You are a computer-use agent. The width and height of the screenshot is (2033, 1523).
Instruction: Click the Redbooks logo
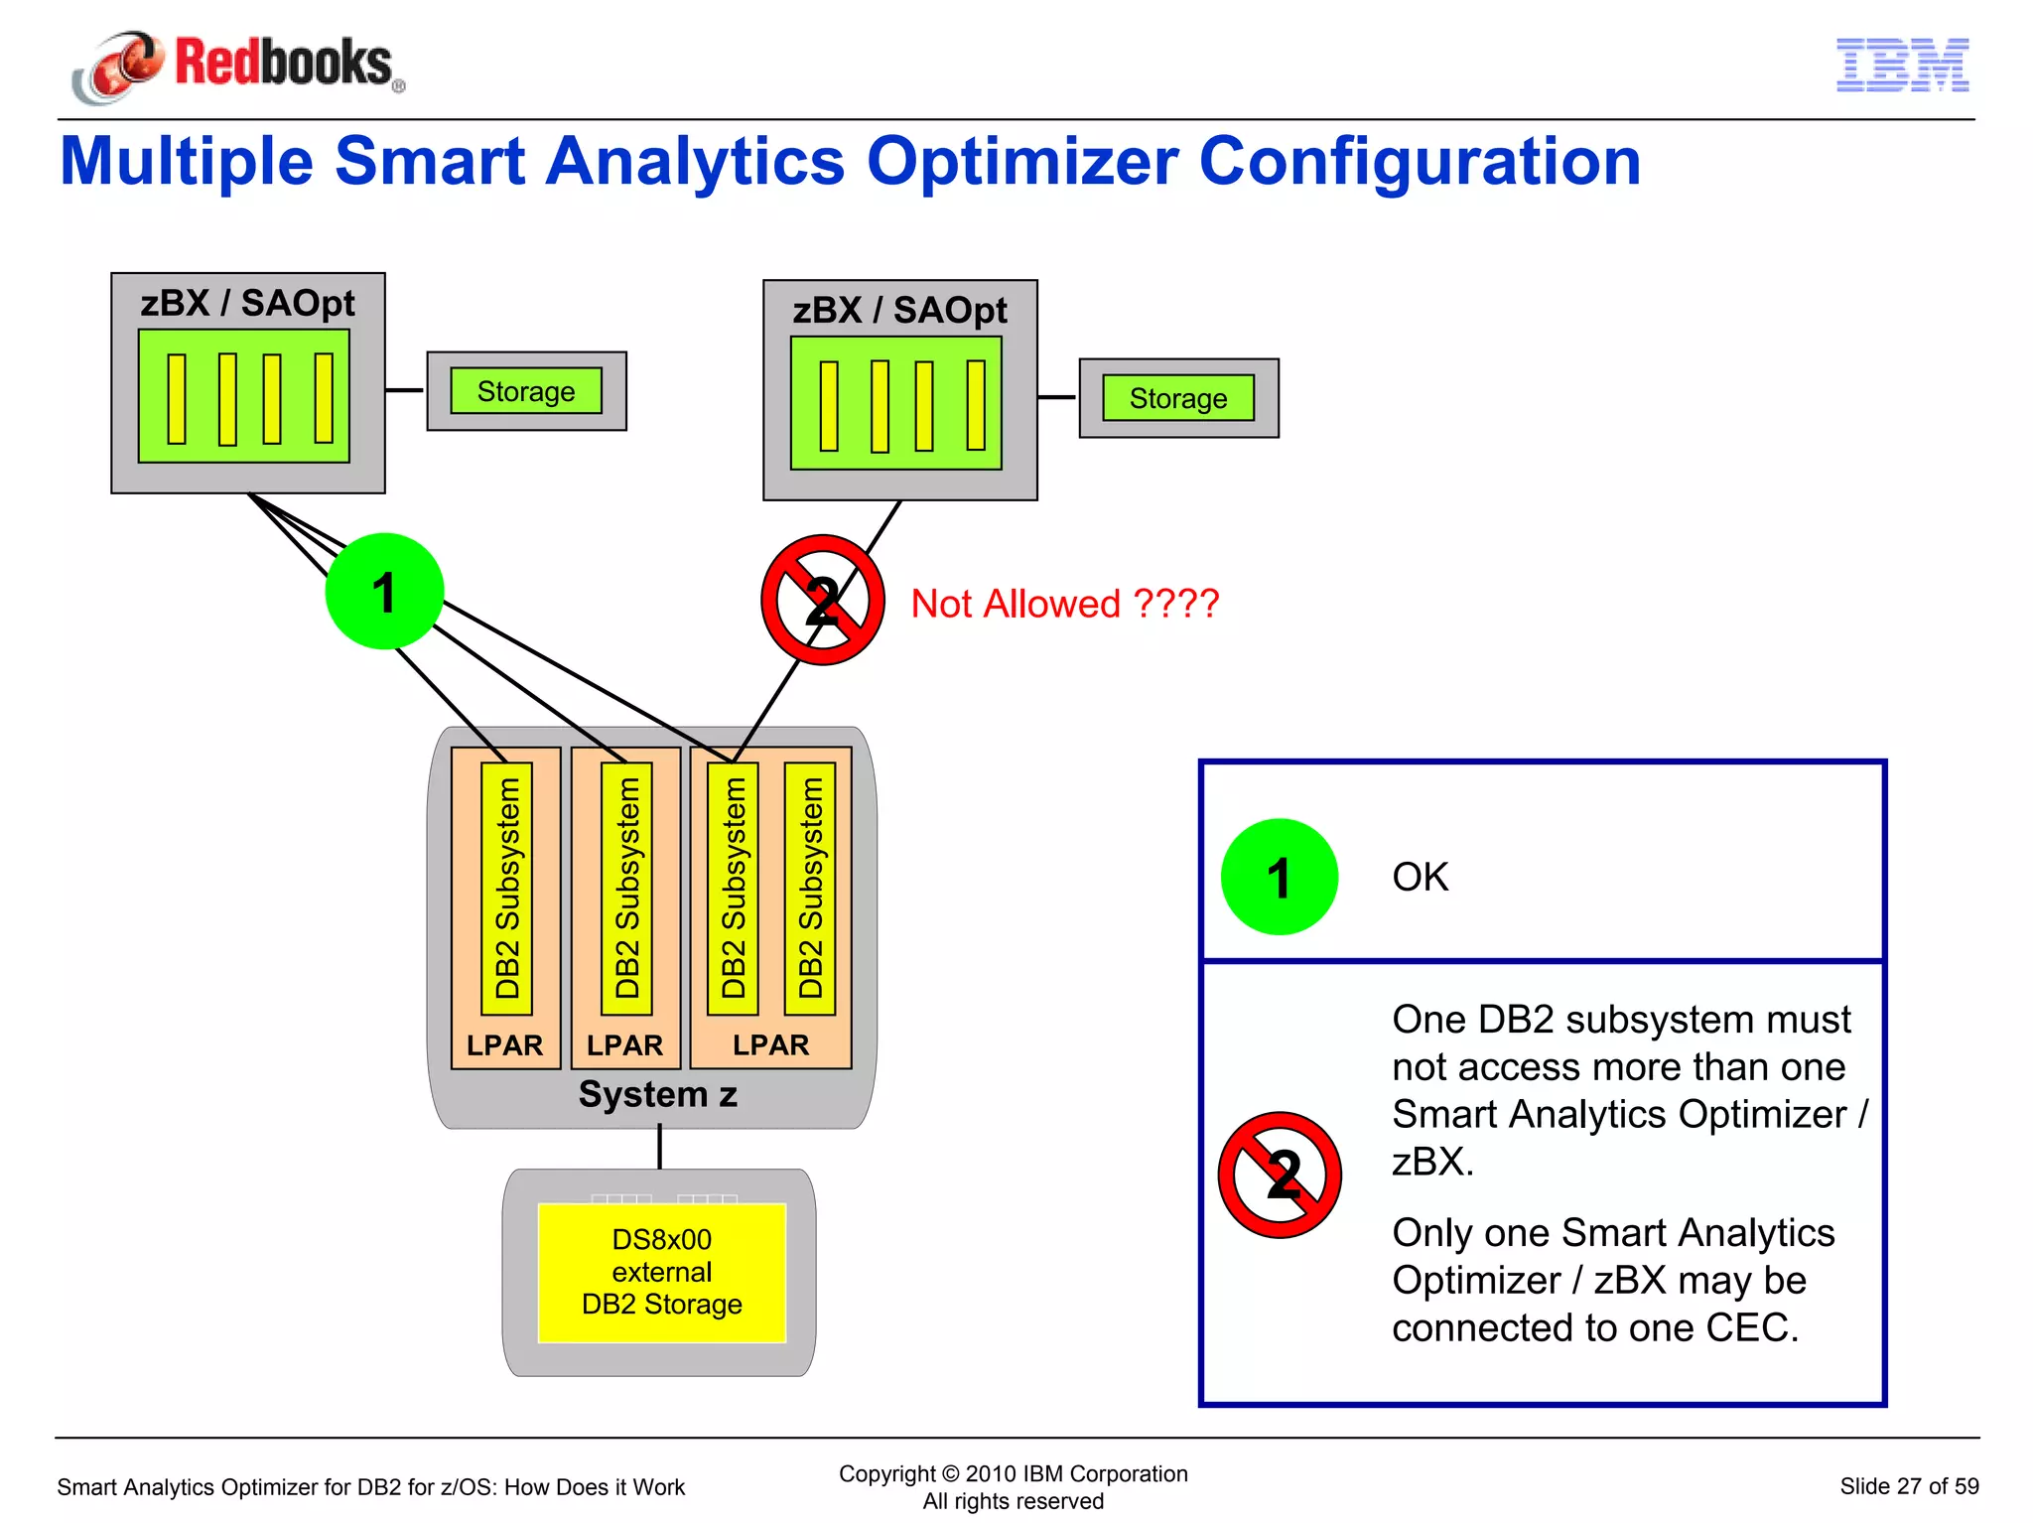(x=238, y=65)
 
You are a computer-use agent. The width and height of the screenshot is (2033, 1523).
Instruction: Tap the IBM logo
(x=1902, y=66)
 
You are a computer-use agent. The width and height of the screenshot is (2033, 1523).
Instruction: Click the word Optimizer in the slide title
(x=1022, y=162)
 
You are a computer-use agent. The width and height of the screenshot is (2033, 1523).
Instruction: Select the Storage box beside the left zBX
(x=526, y=391)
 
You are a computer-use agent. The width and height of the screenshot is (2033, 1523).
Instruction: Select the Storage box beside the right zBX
(x=1178, y=398)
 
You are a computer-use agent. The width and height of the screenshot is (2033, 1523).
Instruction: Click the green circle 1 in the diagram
(x=384, y=592)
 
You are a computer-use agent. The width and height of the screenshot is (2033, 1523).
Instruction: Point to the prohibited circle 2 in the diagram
(x=822, y=600)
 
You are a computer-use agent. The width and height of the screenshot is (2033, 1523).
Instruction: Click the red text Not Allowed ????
(x=1064, y=604)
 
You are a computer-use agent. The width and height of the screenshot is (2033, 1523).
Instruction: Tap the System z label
(x=657, y=1094)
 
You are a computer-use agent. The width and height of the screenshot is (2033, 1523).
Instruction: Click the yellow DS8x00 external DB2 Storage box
(x=662, y=1272)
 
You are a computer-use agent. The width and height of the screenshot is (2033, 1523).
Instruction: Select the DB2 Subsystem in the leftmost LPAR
(x=507, y=888)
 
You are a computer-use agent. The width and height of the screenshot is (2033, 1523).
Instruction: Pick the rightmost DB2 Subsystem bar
(x=811, y=888)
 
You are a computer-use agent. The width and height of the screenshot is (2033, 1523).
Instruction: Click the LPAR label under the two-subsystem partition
(x=770, y=1044)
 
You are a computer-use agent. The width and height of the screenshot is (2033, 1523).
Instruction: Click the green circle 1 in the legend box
(x=1279, y=877)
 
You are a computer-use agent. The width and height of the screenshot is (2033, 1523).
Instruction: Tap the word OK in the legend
(x=1420, y=877)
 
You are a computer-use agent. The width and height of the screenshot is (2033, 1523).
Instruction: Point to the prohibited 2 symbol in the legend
(x=1280, y=1175)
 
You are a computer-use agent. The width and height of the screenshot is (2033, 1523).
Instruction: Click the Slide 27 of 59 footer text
(x=1908, y=1486)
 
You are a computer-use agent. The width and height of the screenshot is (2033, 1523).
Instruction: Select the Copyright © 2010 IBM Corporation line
(x=1013, y=1473)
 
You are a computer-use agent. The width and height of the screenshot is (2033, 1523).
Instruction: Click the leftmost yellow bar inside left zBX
(x=177, y=398)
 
